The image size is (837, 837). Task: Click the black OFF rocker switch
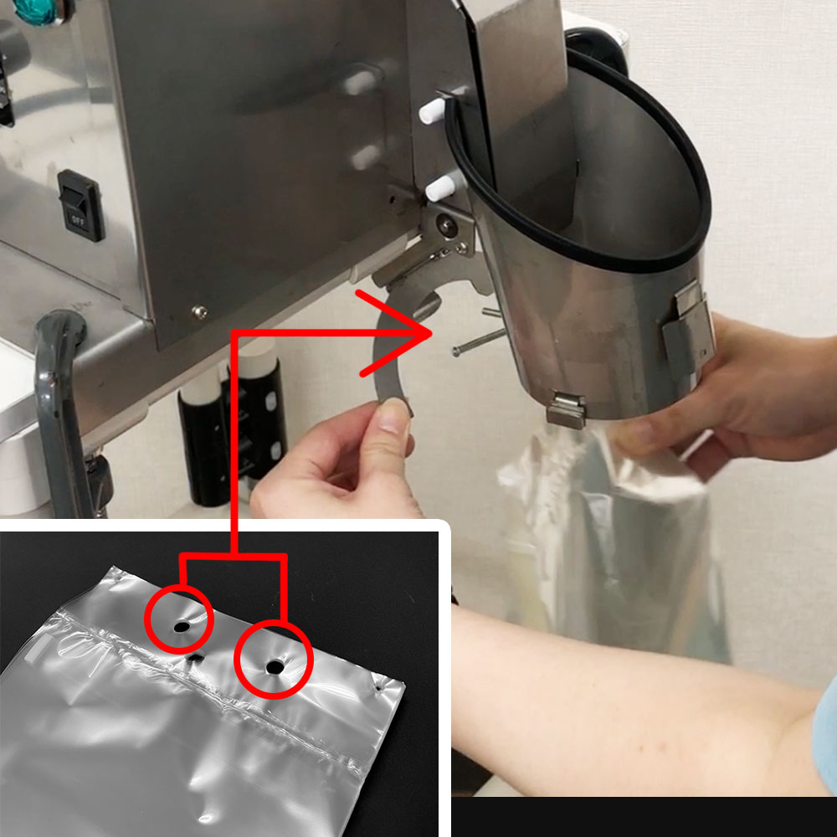[80, 206]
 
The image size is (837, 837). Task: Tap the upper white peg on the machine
[433, 110]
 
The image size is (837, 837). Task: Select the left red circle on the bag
[179, 619]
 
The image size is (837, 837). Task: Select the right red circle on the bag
[274, 660]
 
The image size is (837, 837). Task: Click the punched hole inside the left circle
[182, 626]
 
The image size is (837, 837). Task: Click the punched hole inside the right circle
[275, 667]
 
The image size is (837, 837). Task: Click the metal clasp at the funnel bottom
[566, 410]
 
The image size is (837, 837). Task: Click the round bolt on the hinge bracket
[444, 224]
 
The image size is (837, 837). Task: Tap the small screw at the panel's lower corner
[200, 311]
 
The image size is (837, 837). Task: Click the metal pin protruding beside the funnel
[479, 341]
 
